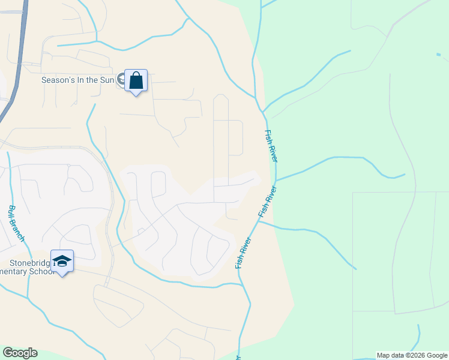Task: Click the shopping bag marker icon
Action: pyautogui.click(x=136, y=80)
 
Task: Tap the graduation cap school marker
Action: pyautogui.click(x=62, y=261)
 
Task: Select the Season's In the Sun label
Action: pyautogui.click(x=78, y=80)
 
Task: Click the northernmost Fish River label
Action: pyautogui.click(x=271, y=146)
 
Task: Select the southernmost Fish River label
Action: pyautogui.click(x=244, y=252)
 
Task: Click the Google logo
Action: pyautogui.click(x=20, y=353)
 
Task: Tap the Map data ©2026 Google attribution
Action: pyautogui.click(x=412, y=355)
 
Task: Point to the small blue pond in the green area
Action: pyautogui.click(x=439, y=55)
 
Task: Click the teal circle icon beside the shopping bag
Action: pyautogui.click(x=122, y=79)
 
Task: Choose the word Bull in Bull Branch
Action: pyautogui.click(x=11, y=211)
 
